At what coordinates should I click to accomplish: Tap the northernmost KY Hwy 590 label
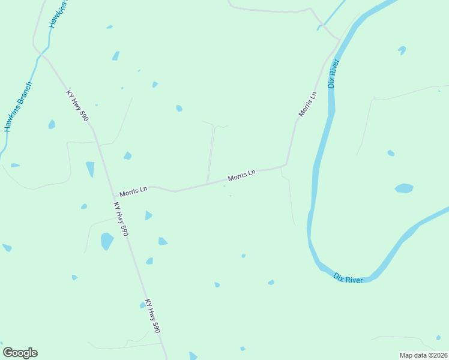[x=77, y=106]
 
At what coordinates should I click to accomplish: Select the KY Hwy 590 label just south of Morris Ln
[x=121, y=218]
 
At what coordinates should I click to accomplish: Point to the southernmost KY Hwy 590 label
[x=152, y=316]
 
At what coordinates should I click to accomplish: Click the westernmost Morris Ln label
[x=133, y=191]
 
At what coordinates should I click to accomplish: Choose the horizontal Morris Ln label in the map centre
[x=241, y=175]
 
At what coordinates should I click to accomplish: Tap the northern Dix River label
[x=334, y=74]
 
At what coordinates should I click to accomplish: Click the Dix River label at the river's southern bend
[x=348, y=278]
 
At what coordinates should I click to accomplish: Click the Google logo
[x=20, y=353]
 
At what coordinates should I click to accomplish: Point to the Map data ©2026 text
[x=423, y=355]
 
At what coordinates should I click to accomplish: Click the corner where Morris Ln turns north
[x=286, y=164]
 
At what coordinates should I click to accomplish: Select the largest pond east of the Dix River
[x=404, y=188]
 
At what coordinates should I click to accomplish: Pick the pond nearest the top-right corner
[x=402, y=50]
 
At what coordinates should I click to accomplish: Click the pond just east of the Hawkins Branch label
[x=52, y=124]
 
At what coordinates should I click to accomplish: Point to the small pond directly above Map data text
[x=438, y=337]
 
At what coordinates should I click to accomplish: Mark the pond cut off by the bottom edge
[x=193, y=356]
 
